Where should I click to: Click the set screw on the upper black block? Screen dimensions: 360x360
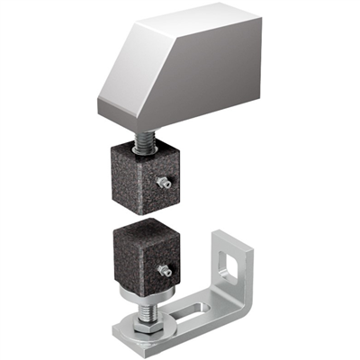point(163,183)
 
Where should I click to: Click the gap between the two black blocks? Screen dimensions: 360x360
point(144,214)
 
